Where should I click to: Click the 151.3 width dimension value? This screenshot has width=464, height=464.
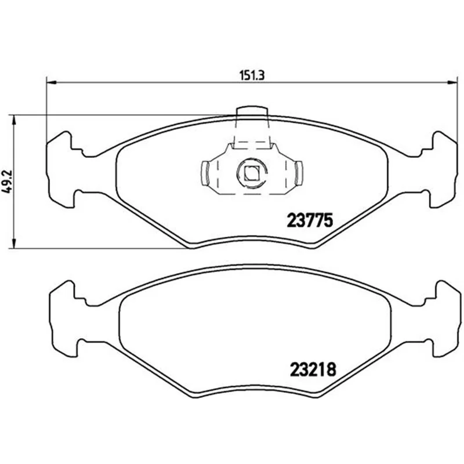(252, 76)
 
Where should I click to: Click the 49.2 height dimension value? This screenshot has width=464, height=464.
(7, 182)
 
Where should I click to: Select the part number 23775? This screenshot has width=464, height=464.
(310, 220)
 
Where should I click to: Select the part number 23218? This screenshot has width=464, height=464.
(313, 369)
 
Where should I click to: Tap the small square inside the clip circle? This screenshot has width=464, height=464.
(252, 173)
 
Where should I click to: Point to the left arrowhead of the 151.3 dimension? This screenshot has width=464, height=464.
(52, 82)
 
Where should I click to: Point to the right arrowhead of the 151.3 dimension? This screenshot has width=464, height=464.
(452, 82)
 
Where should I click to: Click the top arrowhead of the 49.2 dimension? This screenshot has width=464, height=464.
(13, 120)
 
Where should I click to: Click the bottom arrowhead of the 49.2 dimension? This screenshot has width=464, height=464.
(13, 244)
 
